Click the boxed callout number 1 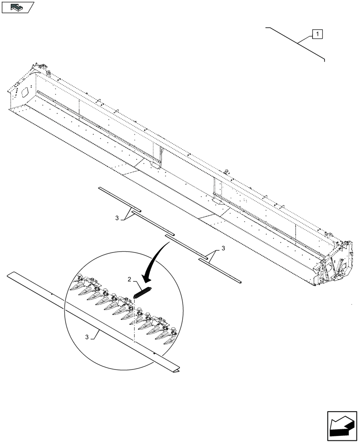317,34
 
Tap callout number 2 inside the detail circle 129,279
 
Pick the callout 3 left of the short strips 117,218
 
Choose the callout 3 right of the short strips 223,249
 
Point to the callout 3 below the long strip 87,337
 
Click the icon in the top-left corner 17,7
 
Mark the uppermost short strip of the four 119,198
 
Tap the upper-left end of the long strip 12,275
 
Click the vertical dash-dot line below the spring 133,323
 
